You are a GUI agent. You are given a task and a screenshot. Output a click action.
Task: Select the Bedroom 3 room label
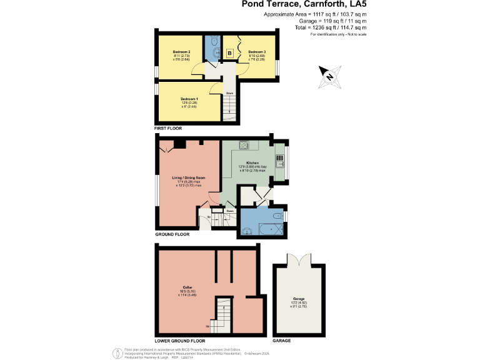[x=257, y=51]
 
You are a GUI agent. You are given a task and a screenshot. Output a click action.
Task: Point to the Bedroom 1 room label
[x=189, y=99]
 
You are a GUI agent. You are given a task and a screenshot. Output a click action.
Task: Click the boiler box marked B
[x=230, y=54]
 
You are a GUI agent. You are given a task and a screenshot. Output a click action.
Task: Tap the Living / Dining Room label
[x=189, y=177]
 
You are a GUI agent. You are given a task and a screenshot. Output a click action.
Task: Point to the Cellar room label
[x=187, y=287]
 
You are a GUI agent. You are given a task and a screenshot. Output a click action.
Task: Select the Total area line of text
[x=331, y=28]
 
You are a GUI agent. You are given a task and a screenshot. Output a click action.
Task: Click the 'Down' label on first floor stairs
[x=229, y=93]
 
